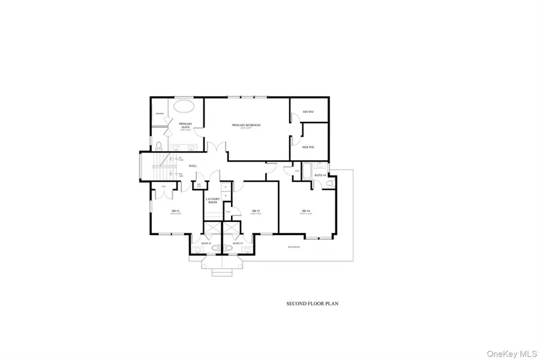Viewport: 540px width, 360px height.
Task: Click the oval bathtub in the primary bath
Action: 184,107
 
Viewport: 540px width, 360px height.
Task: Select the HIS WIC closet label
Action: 308,112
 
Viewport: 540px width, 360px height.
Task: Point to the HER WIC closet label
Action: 308,147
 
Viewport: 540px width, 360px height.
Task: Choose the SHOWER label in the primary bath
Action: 160,113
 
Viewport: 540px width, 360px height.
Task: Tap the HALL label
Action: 193,166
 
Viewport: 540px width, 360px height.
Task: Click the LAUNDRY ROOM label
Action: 211,201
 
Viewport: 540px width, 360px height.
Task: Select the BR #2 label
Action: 176,211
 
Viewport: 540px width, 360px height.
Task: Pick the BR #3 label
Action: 256,211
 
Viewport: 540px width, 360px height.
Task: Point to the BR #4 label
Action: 305,211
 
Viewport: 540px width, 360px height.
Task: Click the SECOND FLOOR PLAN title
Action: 312,304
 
